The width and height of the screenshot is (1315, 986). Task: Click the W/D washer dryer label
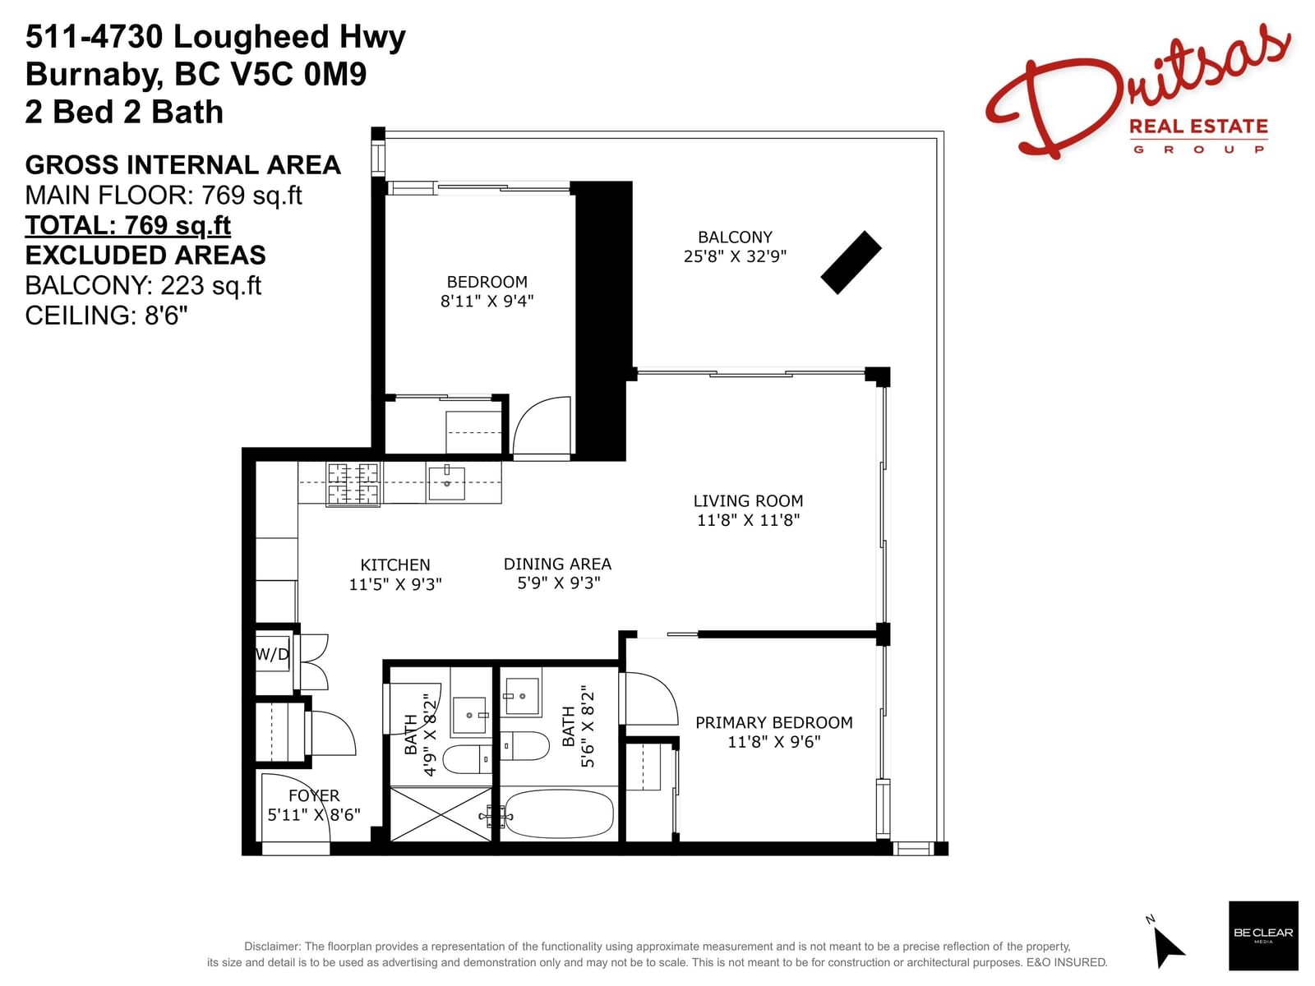(272, 654)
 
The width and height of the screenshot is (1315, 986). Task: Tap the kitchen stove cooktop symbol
(353, 484)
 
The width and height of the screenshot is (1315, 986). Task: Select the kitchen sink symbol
(446, 483)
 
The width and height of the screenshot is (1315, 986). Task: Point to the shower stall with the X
(441, 814)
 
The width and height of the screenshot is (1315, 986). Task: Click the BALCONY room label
(735, 237)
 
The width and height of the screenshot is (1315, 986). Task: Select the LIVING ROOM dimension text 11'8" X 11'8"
(748, 519)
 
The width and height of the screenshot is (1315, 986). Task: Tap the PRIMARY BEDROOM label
(773, 722)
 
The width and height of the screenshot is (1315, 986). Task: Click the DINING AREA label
(557, 564)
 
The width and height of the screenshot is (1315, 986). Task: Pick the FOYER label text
(314, 795)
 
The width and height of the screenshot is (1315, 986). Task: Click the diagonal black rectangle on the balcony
(851, 262)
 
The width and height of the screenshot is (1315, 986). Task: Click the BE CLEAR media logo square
(1263, 935)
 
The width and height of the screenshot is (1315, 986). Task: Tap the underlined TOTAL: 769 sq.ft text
(127, 225)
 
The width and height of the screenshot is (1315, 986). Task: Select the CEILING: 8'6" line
(106, 315)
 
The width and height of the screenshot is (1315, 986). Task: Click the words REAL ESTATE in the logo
(1198, 127)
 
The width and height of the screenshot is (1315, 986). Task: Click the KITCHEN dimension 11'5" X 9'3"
(394, 583)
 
